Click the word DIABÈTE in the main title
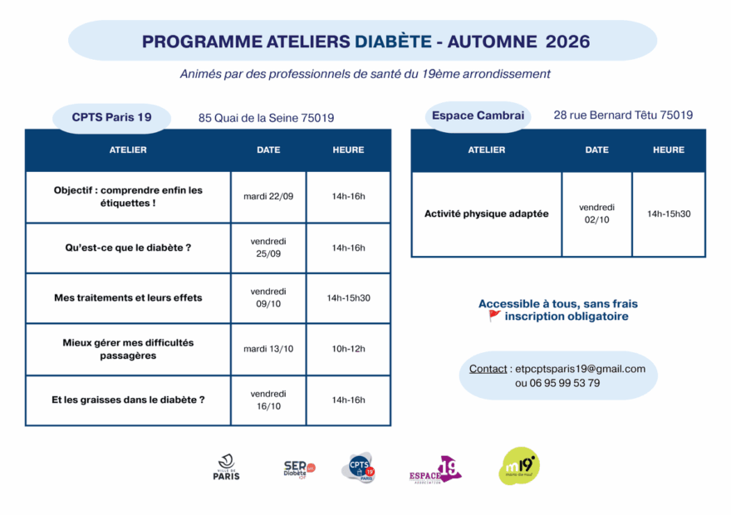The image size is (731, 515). point(393,42)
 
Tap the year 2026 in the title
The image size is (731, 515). point(567,42)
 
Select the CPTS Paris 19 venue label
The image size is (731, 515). point(111,117)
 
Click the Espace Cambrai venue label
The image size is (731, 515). point(478,116)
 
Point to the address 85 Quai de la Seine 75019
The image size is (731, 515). point(266,118)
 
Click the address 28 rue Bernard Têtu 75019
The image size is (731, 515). point(623,115)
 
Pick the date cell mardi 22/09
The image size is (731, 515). point(268,197)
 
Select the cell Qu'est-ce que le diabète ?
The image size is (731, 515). point(128,248)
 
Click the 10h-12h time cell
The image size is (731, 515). point(348,349)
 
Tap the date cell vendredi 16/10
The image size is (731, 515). point(268,400)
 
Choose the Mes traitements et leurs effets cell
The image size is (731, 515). point(128,298)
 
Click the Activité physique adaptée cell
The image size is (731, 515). point(486,214)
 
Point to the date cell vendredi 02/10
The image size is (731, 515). point(596,213)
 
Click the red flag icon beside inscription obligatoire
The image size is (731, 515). point(494,316)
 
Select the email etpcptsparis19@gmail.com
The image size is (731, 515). point(581,369)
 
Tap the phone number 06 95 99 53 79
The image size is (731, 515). point(565,384)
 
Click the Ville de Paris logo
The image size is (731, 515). point(227,468)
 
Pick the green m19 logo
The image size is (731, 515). point(519,466)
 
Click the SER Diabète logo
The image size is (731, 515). point(299,469)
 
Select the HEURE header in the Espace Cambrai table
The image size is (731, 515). point(669,150)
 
